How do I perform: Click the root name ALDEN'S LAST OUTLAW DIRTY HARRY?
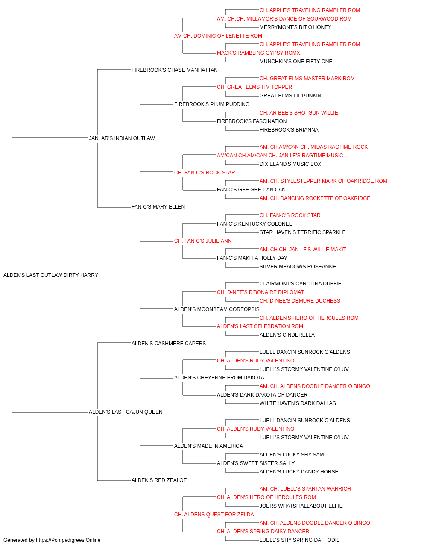click(50, 275)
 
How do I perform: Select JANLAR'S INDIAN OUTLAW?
click(122, 138)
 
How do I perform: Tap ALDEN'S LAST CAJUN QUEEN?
click(126, 412)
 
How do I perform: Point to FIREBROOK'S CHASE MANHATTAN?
click(175, 70)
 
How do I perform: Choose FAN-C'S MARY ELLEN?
click(158, 207)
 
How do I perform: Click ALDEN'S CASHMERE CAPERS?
click(169, 343)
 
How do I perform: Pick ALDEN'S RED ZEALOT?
click(159, 480)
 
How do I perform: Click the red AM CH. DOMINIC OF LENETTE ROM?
click(218, 36)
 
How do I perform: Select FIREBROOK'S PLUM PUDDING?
click(212, 104)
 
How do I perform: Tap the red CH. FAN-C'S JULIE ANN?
click(203, 241)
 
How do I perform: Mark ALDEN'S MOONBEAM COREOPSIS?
click(217, 309)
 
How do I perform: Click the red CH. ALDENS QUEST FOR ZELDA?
click(214, 515)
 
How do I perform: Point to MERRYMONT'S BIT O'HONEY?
click(295, 27)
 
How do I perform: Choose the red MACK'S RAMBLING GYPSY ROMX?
click(258, 53)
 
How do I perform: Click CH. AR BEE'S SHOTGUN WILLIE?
click(299, 113)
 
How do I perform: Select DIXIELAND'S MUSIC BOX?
click(290, 164)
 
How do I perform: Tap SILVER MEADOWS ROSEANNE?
click(298, 267)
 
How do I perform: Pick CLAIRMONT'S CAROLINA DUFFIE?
click(301, 284)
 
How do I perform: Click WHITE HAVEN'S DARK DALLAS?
click(298, 403)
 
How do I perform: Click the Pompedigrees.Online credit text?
click(52, 540)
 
